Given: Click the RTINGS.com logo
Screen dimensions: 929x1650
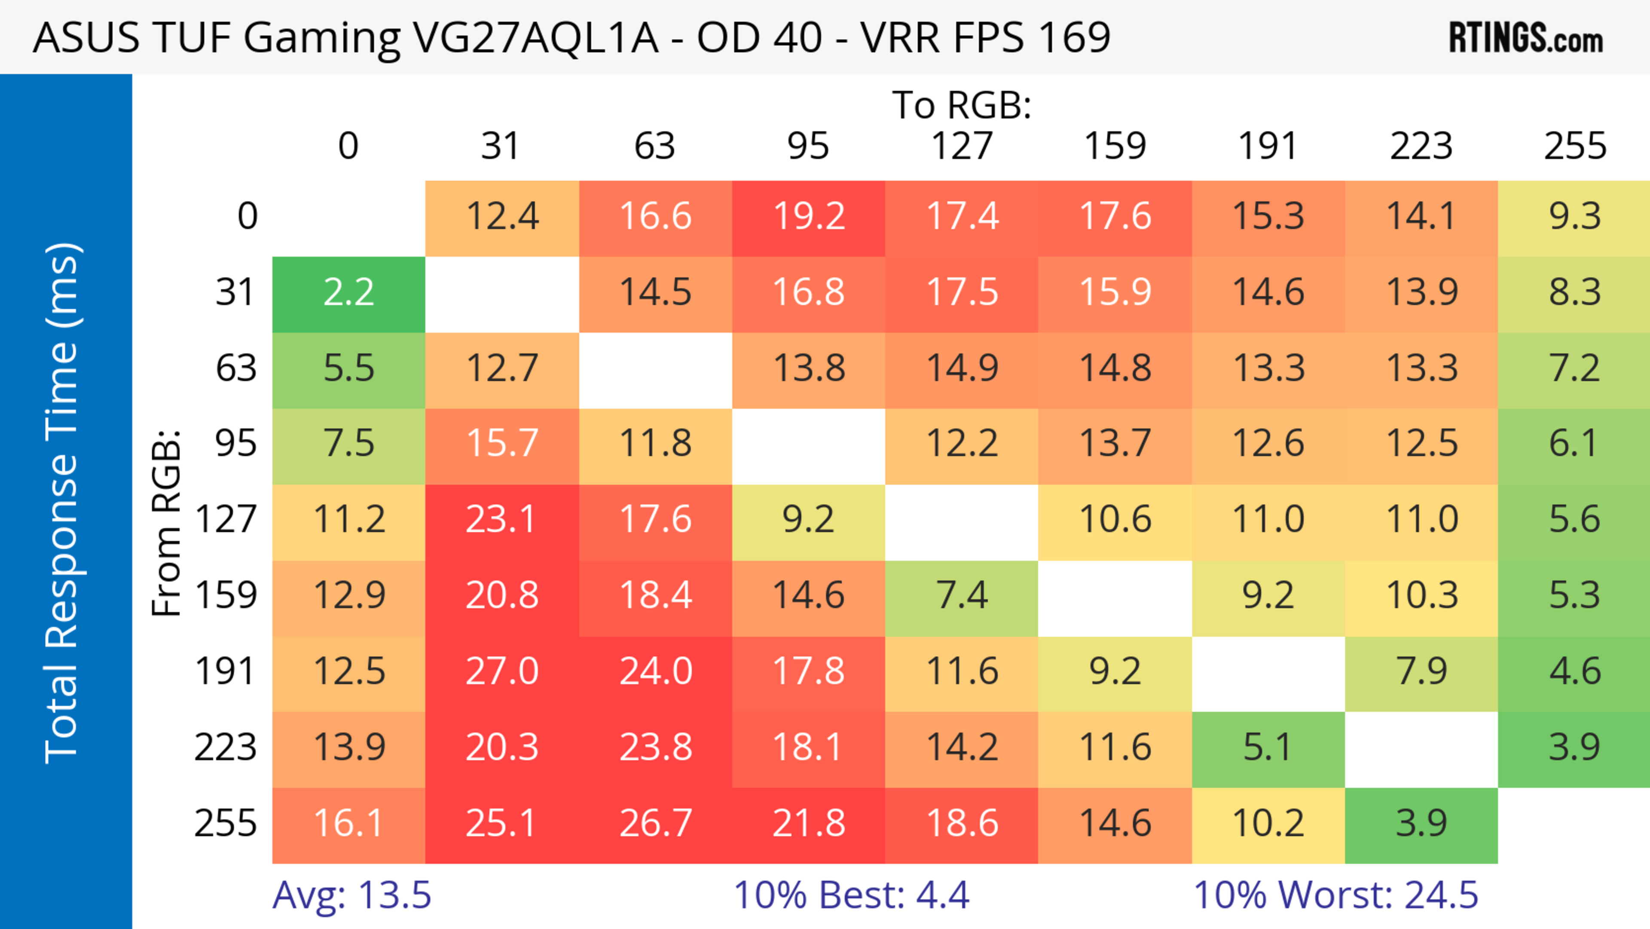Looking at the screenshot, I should click(x=1526, y=38).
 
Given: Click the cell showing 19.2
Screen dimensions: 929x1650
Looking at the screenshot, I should click(x=808, y=217).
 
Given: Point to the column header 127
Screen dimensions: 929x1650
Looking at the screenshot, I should click(x=962, y=146).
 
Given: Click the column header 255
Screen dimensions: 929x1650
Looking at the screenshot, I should click(x=1574, y=146).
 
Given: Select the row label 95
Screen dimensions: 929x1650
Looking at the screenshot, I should click(x=236, y=443).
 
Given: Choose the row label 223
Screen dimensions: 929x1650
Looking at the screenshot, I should click(x=226, y=748).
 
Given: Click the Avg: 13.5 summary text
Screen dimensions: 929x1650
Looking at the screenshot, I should click(x=351, y=895).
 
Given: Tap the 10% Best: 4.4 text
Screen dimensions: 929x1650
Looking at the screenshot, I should click(x=851, y=895).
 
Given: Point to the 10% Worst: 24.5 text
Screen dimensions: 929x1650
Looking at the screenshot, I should click(x=1335, y=895).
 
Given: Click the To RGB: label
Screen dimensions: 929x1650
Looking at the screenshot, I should click(x=962, y=105).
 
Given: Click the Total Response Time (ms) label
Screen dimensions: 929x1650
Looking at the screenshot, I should click(x=63, y=503).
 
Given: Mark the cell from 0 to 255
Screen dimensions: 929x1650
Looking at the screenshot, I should click(x=1574, y=217).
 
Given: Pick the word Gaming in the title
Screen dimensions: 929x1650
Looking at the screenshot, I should click(x=321, y=38).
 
